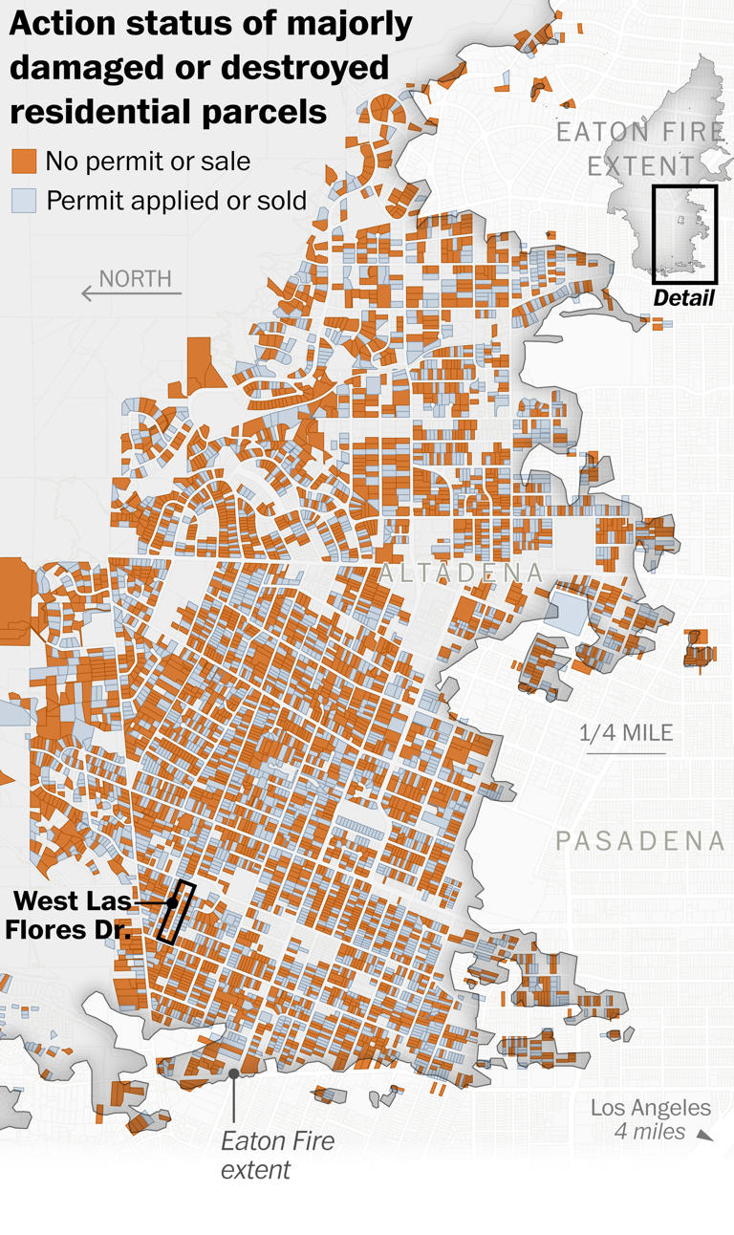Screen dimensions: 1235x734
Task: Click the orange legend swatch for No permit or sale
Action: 24,162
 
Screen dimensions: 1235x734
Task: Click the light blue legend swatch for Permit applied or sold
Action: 24,201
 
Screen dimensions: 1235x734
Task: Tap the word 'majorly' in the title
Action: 332,25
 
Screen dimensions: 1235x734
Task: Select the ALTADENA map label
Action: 461,574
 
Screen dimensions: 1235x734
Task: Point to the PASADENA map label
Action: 640,841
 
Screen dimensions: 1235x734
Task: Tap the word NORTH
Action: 136,278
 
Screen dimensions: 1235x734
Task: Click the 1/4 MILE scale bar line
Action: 625,754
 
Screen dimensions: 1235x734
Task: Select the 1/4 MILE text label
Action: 626,733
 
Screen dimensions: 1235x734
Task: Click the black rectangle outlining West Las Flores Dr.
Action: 177,914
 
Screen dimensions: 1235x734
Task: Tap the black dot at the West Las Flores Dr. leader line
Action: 171,902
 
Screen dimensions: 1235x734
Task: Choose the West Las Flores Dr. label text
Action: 72,915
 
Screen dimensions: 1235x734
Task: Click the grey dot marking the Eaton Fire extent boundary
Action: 234,1073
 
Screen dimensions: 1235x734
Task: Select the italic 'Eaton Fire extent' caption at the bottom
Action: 277,1155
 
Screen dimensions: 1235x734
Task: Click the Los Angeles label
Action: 650,1108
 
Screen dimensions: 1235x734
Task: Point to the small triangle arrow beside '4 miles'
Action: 704,1135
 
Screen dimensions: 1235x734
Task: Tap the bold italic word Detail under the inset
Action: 683,298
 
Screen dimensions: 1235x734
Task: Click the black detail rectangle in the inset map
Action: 684,230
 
